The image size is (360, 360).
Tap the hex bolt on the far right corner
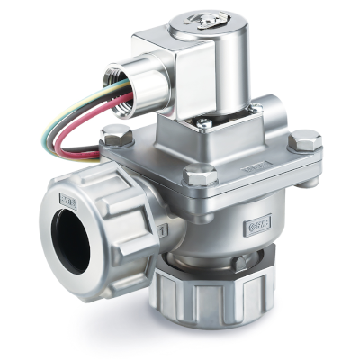coord(305,142)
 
